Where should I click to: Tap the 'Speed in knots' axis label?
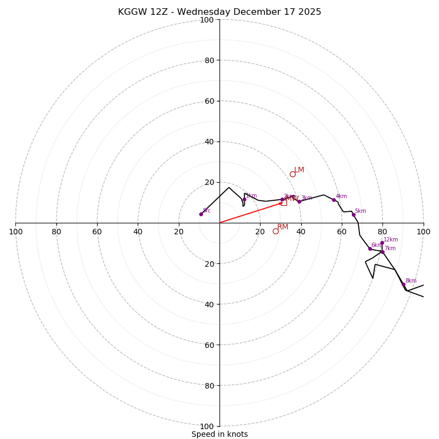click(x=219, y=434)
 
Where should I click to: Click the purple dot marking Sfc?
click(x=201, y=214)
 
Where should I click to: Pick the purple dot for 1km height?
click(x=244, y=199)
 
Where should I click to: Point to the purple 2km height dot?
click(x=282, y=200)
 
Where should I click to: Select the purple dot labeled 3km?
click(x=299, y=201)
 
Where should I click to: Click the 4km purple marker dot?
click(x=334, y=200)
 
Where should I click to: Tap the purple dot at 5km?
click(x=353, y=215)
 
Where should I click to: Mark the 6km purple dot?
click(x=370, y=249)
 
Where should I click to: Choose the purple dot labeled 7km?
click(x=382, y=252)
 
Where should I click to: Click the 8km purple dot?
click(x=403, y=284)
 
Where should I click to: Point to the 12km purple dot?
click(x=382, y=243)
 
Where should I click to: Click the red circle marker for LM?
click(x=292, y=174)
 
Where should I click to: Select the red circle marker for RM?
click(x=275, y=231)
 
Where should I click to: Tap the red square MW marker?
click(x=284, y=202)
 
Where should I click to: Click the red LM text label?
click(x=299, y=170)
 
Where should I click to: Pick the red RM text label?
click(x=283, y=227)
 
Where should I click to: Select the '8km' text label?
click(x=410, y=281)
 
